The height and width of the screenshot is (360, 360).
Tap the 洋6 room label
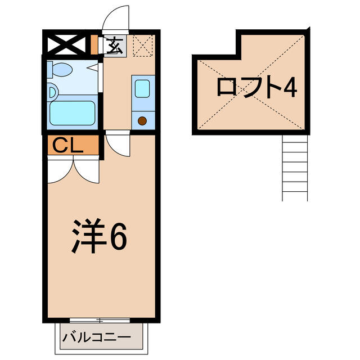99,236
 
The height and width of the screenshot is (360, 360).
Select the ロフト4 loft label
257,87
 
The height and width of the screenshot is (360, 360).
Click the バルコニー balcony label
97,337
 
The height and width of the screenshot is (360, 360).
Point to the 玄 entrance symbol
114,46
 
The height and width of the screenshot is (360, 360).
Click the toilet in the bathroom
60,69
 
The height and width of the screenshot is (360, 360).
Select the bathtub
73,113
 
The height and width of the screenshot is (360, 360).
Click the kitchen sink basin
142,89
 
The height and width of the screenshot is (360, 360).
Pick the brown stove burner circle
142,121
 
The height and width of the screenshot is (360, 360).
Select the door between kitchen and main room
118,144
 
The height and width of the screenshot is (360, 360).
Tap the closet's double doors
74,170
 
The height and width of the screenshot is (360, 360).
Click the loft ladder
295,168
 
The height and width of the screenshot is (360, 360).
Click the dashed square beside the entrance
143,46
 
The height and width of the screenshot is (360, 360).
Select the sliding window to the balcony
100,321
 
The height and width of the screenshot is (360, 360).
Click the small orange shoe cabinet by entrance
94,44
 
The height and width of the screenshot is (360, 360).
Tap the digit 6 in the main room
119,236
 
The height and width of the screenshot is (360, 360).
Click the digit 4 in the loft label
290,88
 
